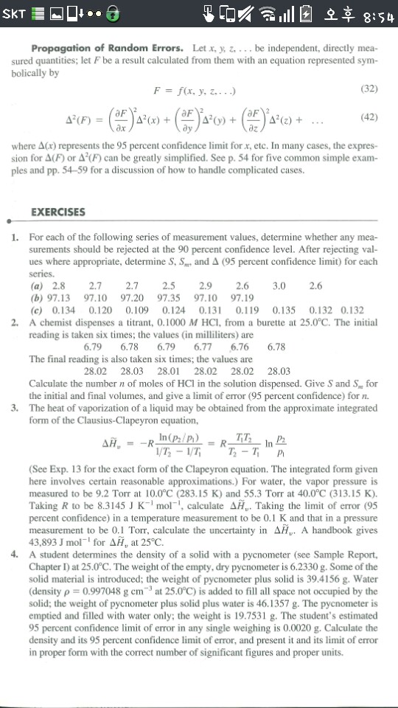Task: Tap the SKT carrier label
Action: pyautogui.click(x=15, y=14)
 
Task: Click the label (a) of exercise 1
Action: pyautogui.click(x=37, y=285)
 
